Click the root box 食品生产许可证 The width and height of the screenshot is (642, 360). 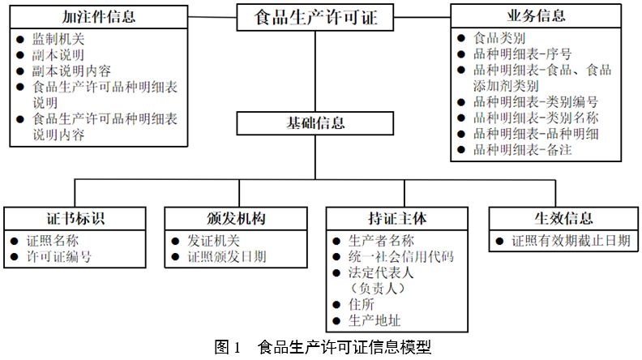316,17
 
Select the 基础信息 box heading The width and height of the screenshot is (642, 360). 316,123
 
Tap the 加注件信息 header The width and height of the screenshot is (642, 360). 98,16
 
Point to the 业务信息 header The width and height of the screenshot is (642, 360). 537,16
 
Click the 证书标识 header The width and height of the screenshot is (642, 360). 75,220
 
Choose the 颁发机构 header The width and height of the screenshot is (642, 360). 237,220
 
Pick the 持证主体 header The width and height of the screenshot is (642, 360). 397,220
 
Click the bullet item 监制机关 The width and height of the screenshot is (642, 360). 58,38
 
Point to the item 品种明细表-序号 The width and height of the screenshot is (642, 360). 522,54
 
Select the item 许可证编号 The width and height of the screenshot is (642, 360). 58,257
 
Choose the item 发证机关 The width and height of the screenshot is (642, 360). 214,241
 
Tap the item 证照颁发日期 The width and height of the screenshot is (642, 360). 227,257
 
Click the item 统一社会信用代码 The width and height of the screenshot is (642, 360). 400,257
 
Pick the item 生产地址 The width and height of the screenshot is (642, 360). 374,319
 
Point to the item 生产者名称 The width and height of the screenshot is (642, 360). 381,241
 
